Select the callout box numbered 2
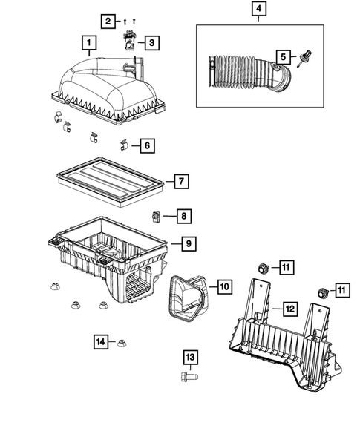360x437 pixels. click(108, 21)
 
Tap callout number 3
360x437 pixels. click(151, 44)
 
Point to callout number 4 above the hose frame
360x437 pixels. click(258, 10)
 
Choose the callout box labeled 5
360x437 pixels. click(282, 56)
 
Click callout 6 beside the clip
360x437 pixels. click(147, 145)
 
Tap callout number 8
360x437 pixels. click(183, 217)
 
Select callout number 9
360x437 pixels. click(189, 243)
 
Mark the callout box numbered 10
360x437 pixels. click(225, 285)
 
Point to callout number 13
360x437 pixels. click(191, 358)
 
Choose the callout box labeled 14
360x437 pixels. click(101, 341)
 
